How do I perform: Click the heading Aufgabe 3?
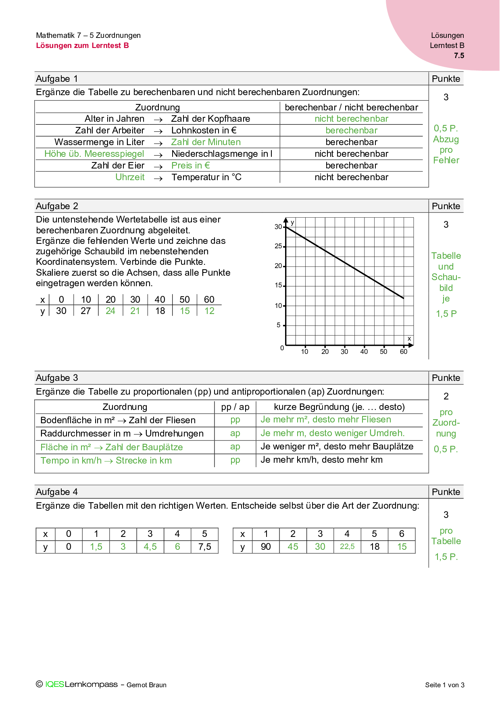[x=57, y=378]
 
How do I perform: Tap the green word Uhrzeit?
[x=130, y=177]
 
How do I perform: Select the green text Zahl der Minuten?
[x=206, y=142]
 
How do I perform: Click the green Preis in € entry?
[x=190, y=166]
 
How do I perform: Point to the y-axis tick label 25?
[x=278, y=246]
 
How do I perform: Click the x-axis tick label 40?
[x=364, y=351]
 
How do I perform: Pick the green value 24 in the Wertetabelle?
[x=110, y=311]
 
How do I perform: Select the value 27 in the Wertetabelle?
[x=86, y=311]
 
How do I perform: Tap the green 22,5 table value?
[x=347, y=547]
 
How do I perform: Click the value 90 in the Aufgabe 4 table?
[x=266, y=547]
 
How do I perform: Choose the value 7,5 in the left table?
[x=204, y=547]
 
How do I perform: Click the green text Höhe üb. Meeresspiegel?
[x=94, y=154]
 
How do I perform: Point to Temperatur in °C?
[x=206, y=177]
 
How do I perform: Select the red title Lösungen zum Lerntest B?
[x=82, y=46]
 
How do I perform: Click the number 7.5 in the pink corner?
[x=459, y=56]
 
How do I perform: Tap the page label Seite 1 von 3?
[x=444, y=685]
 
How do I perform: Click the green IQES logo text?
[x=54, y=684]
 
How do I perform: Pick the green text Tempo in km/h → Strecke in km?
[x=106, y=461]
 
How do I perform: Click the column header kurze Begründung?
[x=339, y=407]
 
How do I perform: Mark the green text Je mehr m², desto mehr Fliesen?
[x=326, y=420]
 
